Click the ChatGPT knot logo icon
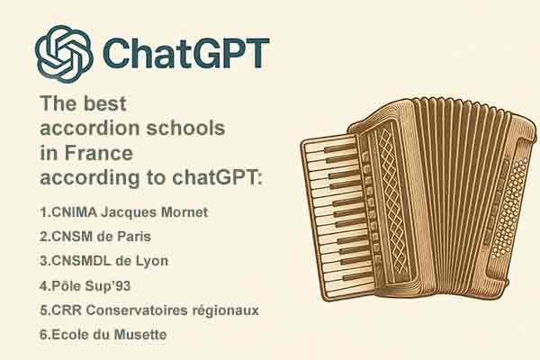(x=64, y=54)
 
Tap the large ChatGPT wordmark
(x=185, y=53)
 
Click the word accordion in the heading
(x=91, y=128)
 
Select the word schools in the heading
(x=186, y=128)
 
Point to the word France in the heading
(x=98, y=153)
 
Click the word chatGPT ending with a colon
(x=217, y=177)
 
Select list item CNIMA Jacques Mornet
(x=123, y=211)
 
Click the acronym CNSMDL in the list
(x=81, y=261)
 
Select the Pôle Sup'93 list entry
(x=85, y=285)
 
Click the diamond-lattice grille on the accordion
(x=391, y=203)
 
